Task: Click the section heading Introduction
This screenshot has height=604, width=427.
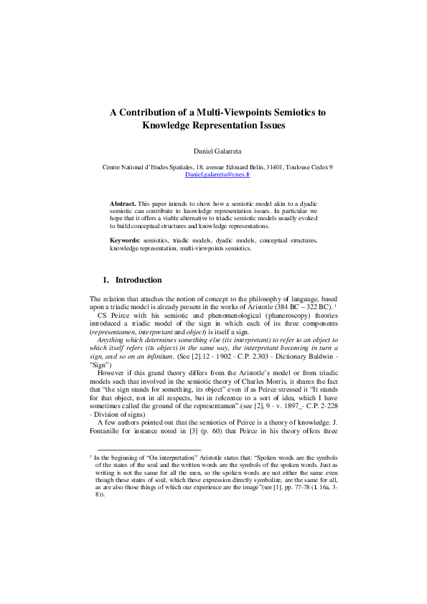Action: click(x=139, y=280)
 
